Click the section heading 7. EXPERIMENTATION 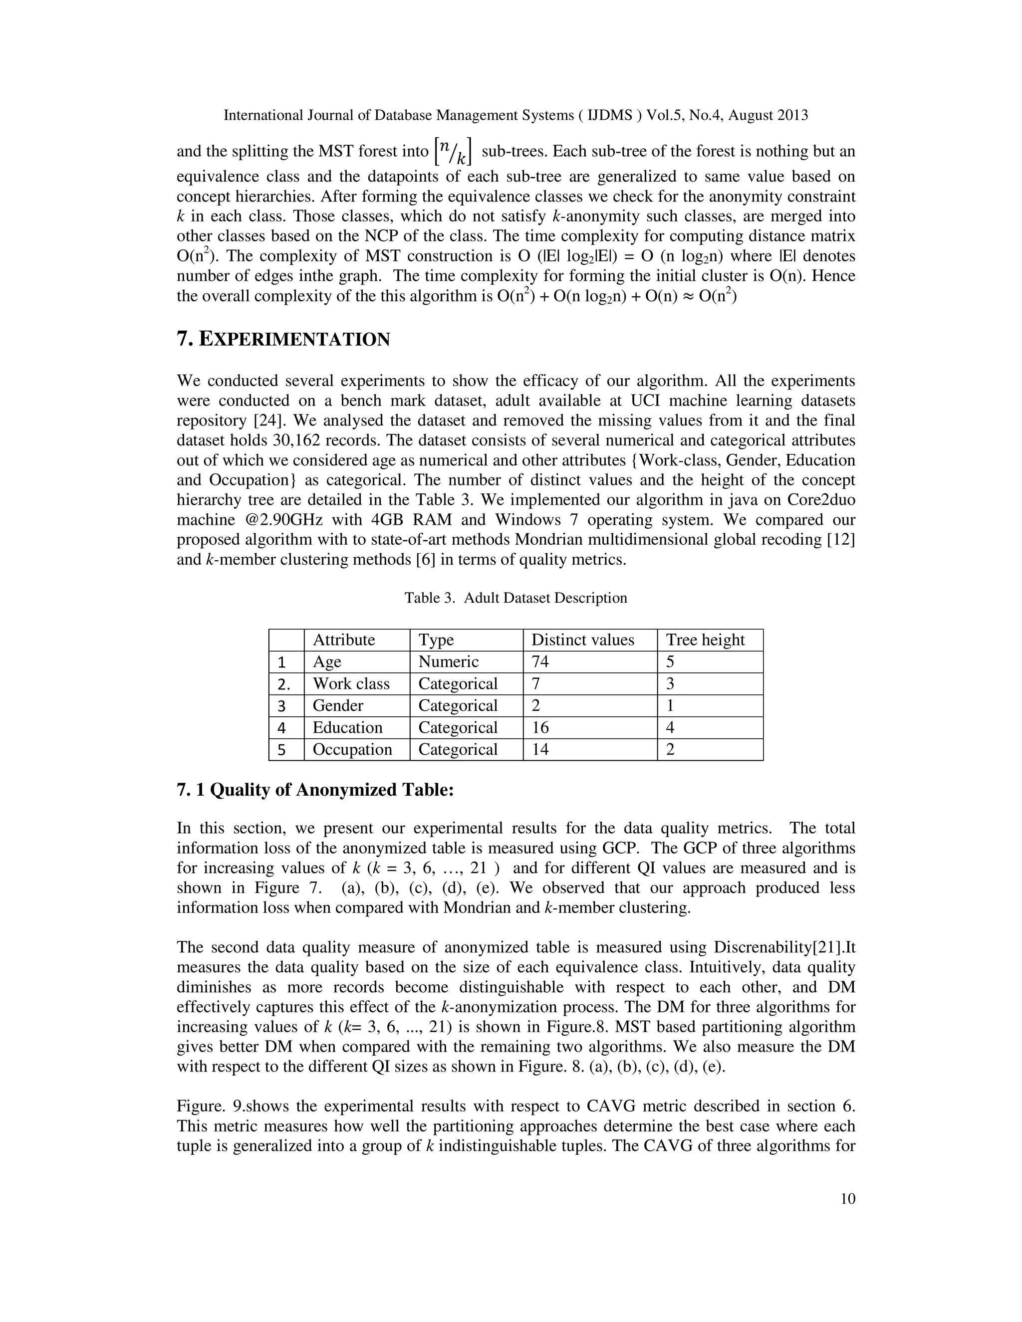283,340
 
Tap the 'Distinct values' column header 582,640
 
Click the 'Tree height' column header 705,640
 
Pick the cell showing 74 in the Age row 540,661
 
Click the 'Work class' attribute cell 350,684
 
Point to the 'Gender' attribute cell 338,706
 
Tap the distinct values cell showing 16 540,727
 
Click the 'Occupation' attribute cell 352,749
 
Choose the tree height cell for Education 670,727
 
